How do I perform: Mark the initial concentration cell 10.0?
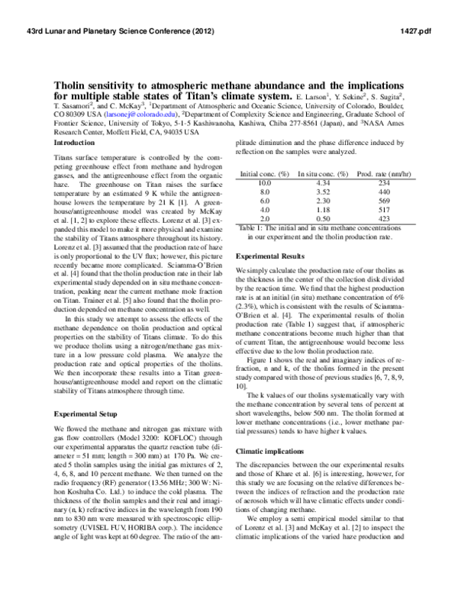click(265, 183)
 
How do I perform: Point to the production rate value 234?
click(383, 183)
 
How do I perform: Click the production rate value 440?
click(383, 191)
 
